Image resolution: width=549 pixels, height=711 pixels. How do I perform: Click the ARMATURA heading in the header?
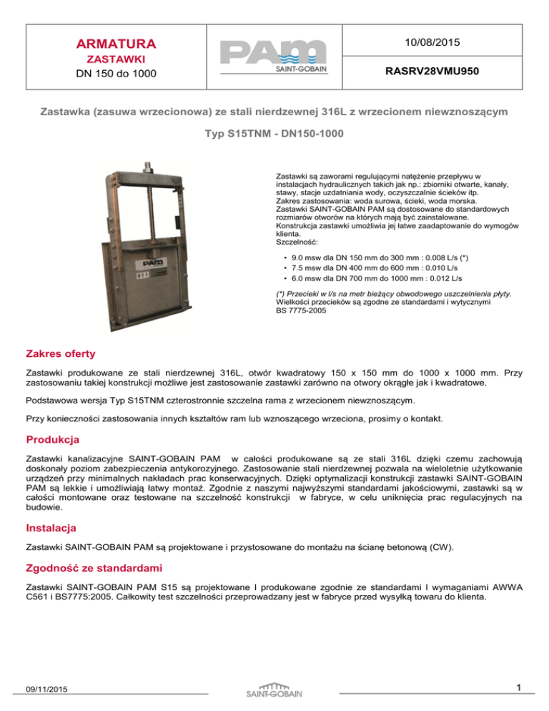110,44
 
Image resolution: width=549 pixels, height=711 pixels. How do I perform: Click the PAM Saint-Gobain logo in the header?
274,56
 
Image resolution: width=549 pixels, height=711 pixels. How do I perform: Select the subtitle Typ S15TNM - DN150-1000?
274,133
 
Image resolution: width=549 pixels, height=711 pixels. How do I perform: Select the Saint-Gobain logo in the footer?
274,689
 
